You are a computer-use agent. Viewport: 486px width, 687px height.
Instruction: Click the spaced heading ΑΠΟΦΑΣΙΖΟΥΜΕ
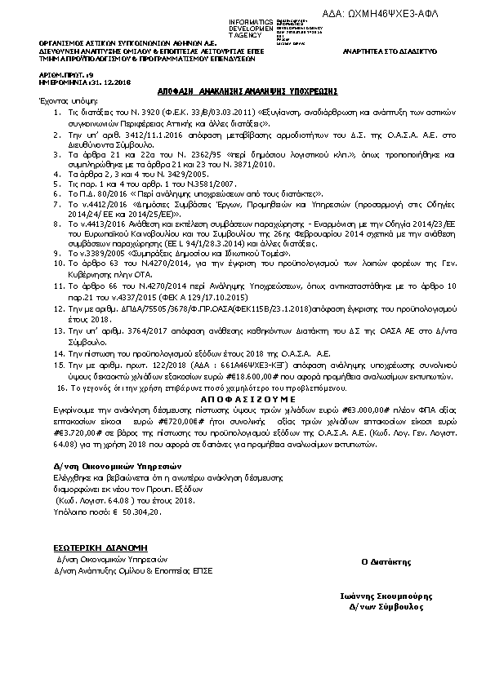coord(245,379)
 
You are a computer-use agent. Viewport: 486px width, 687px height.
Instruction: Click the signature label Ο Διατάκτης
coord(381,562)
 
